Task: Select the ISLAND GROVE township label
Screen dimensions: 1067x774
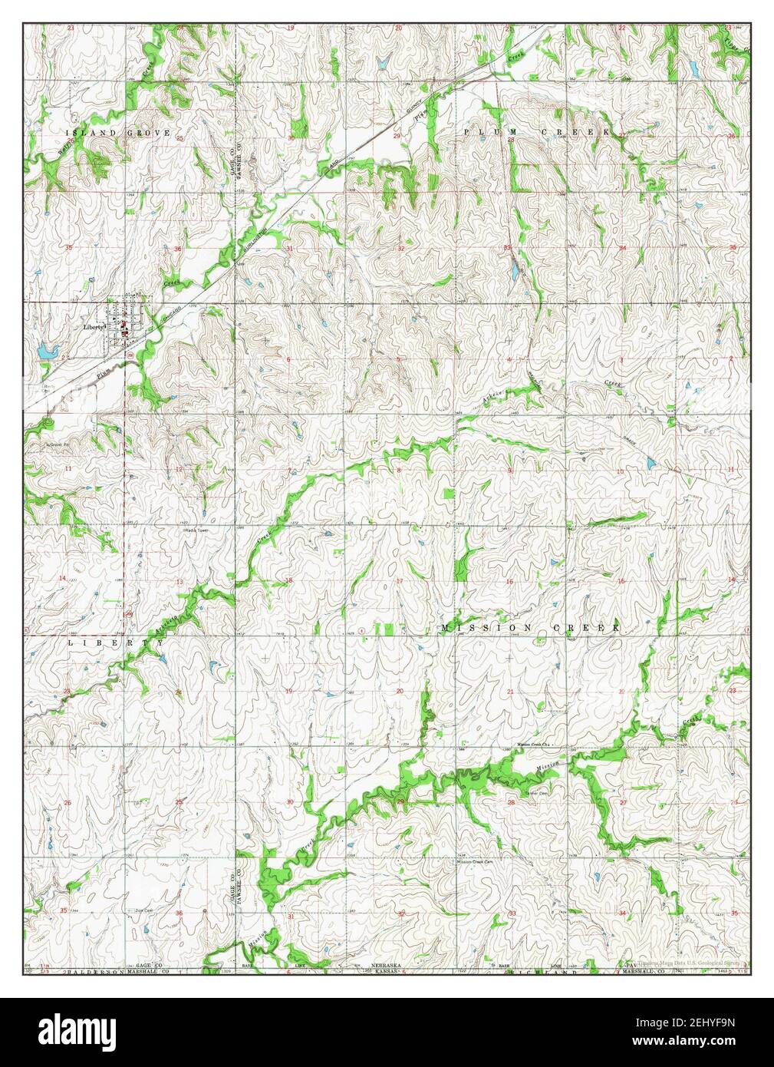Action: tap(117, 133)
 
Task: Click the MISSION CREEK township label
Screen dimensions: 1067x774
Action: tap(530, 628)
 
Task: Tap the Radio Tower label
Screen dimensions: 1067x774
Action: tap(196, 530)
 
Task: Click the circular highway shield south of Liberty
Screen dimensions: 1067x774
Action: tap(131, 357)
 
